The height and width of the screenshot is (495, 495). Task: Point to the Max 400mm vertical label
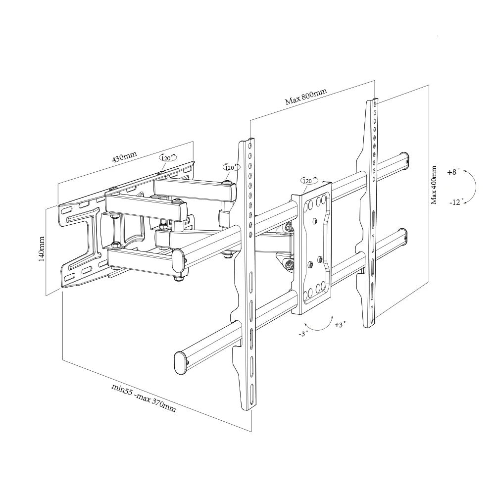pyautogui.click(x=434, y=185)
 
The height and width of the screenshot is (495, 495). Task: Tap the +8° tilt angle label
pyautogui.click(x=452, y=172)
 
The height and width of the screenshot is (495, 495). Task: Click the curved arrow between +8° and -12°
pyautogui.click(x=473, y=187)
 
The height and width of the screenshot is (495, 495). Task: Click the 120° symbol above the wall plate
pyautogui.click(x=167, y=157)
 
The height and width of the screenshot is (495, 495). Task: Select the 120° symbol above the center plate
pyautogui.click(x=309, y=181)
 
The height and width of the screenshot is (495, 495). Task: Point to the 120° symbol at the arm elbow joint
pyautogui.click(x=230, y=167)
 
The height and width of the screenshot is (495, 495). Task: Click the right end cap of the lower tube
pyautogui.click(x=404, y=236)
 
